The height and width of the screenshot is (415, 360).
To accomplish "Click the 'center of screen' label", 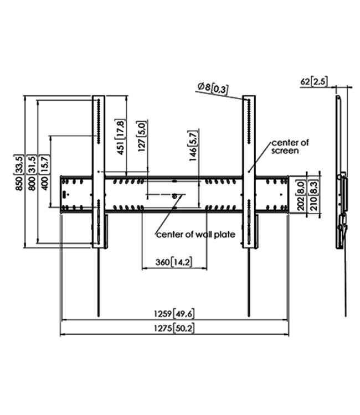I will (x=290, y=147).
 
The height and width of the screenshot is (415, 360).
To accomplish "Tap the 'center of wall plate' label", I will (x=196, y=235).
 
